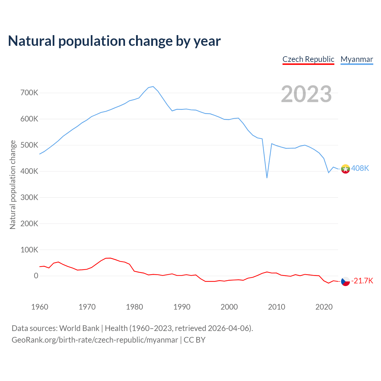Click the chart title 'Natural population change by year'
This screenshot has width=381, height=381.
(114, 41)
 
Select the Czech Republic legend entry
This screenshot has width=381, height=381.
(308, 59)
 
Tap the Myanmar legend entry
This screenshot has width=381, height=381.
(357, 59)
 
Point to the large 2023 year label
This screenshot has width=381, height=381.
(306, 94)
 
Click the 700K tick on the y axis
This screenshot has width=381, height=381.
(29, 93)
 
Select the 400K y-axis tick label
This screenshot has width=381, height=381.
(29, 171)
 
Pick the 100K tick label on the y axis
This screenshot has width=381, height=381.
(29, 250)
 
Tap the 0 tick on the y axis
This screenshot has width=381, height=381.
(36, 276)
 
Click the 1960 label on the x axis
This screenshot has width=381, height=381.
(40, 307)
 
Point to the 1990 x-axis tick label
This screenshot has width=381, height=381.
(182, 307)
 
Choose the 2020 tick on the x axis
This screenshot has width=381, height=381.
(324, 307)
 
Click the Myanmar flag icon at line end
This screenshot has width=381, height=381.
(345, 169)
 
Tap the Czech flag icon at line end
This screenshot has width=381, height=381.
(345, 281)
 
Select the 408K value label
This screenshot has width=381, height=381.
(360, 168)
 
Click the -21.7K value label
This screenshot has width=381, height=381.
(362, 281)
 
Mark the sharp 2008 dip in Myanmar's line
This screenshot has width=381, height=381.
(267, 178)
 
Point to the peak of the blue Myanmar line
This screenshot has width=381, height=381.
(153, 87)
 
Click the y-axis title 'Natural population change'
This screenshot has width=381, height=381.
(13, 185)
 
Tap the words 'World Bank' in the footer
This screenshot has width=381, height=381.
(79, 328)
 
